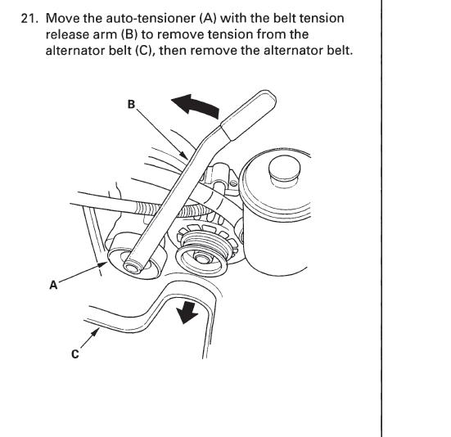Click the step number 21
point(29,18)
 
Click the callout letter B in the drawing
point(131,104)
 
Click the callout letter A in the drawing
point(53,286)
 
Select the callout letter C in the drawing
point(75,354)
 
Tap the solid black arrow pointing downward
point(187,313)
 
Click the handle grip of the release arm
point(249,115)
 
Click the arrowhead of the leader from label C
point(96,332)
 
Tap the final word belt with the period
point(340,51)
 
